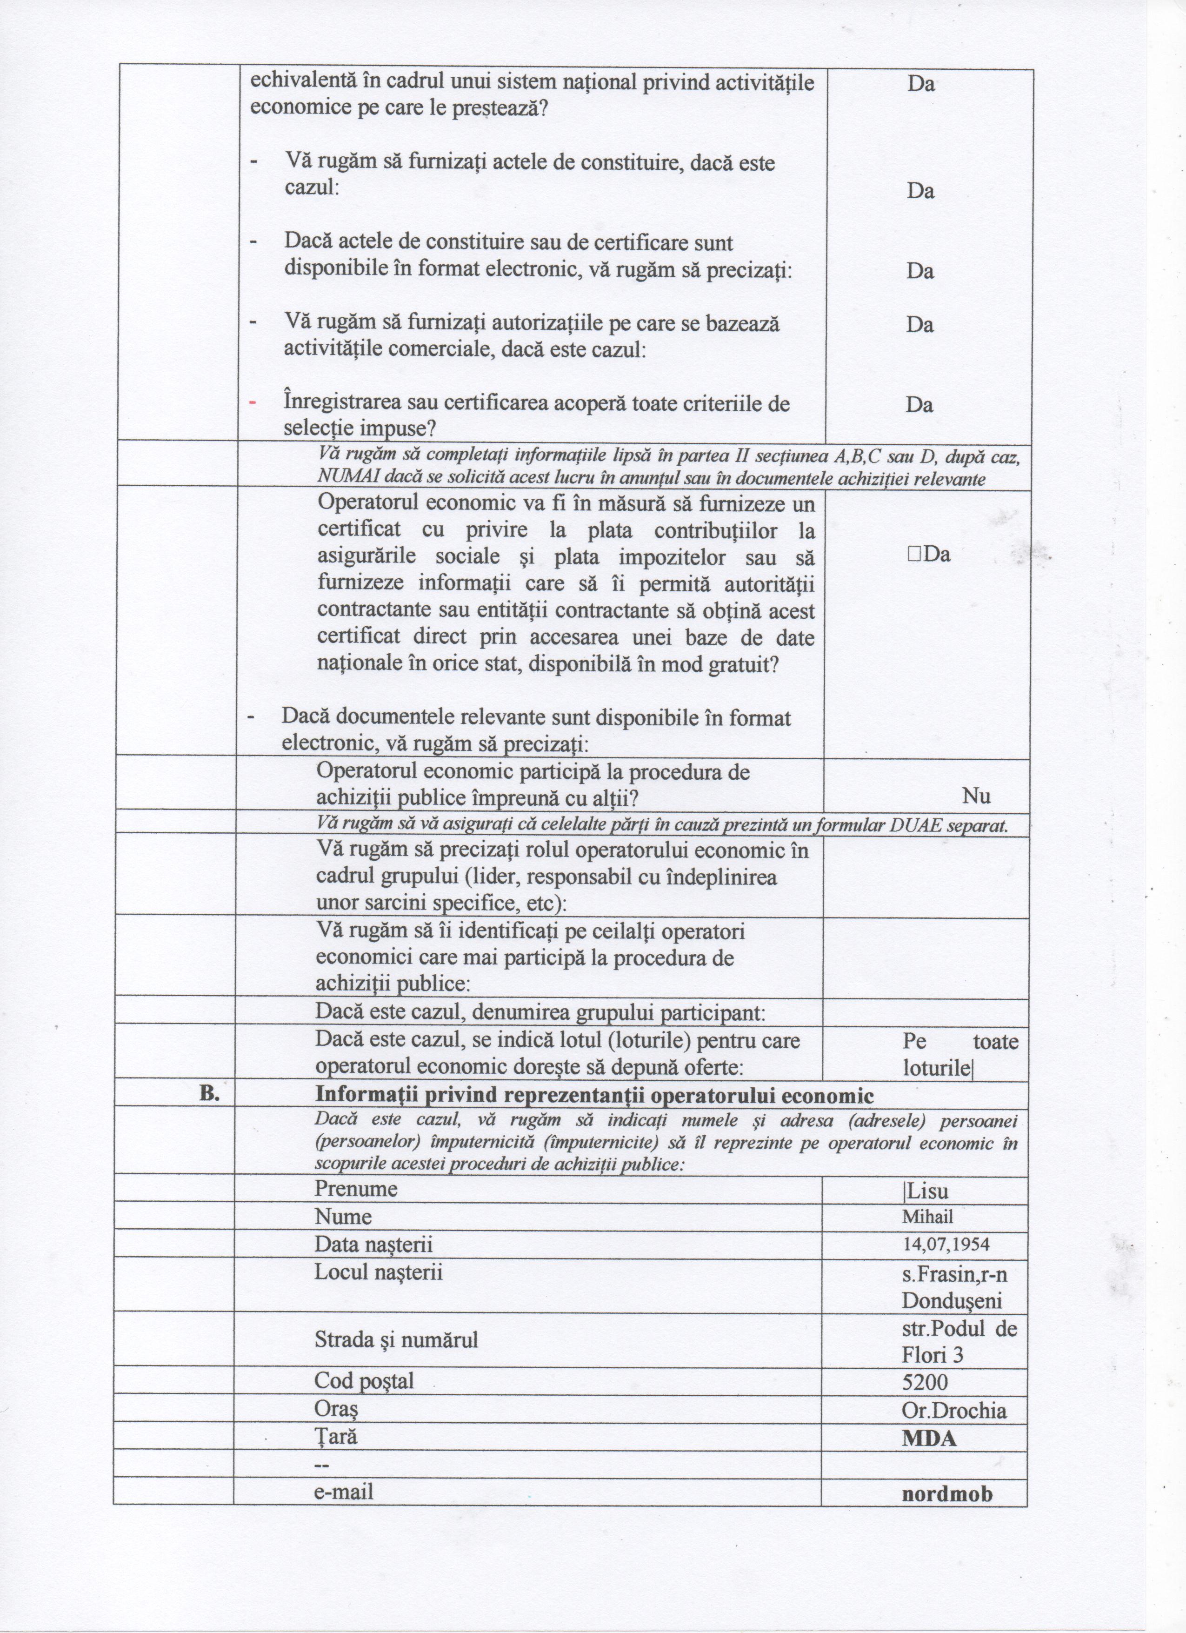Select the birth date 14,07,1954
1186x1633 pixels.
click(x=946, y=1244)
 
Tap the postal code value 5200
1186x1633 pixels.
click(x=925, y=1382)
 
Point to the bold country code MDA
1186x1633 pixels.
click(x=929, y=1438)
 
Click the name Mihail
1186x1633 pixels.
click(x=928, y=1217)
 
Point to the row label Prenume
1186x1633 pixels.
click(x=355, y=1189)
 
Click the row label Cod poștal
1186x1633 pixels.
click(x=364, y=1381)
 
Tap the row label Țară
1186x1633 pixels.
click(x=335, y=1437)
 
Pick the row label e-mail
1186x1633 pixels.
click(x=343, y=1491)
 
